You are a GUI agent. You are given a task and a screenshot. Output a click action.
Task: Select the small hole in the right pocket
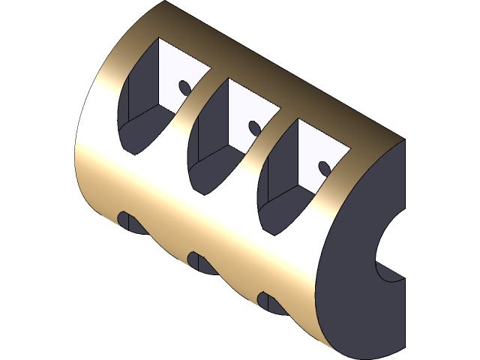coord(324,166)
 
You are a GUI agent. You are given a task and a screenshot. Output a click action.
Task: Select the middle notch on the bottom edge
coord(197,261)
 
